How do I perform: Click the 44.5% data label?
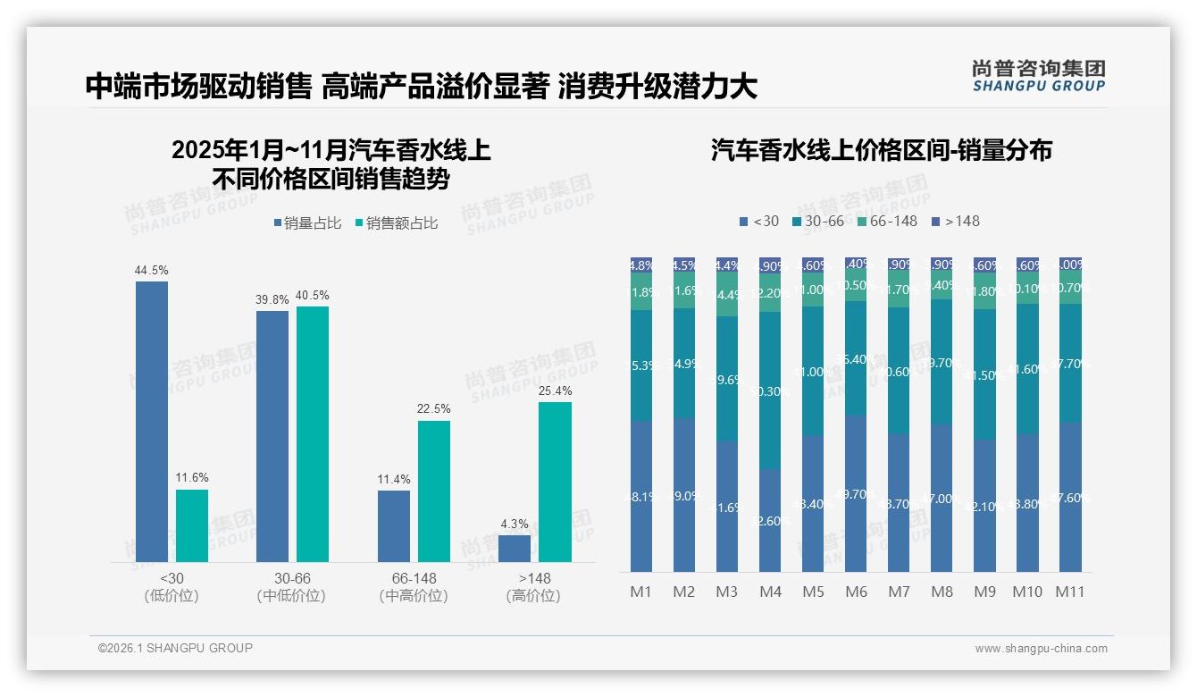151,270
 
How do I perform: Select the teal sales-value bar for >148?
555,482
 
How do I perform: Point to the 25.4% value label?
556,390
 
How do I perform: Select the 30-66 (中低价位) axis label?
292,587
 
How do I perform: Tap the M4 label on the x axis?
770,592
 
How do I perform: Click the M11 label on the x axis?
1069,592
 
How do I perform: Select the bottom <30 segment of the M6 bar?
856,493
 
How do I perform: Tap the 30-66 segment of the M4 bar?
770,390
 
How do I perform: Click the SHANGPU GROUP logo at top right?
1038,76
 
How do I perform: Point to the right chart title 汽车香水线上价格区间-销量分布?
881,150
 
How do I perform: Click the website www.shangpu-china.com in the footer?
1041,649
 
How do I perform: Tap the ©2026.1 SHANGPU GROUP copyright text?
175,648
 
